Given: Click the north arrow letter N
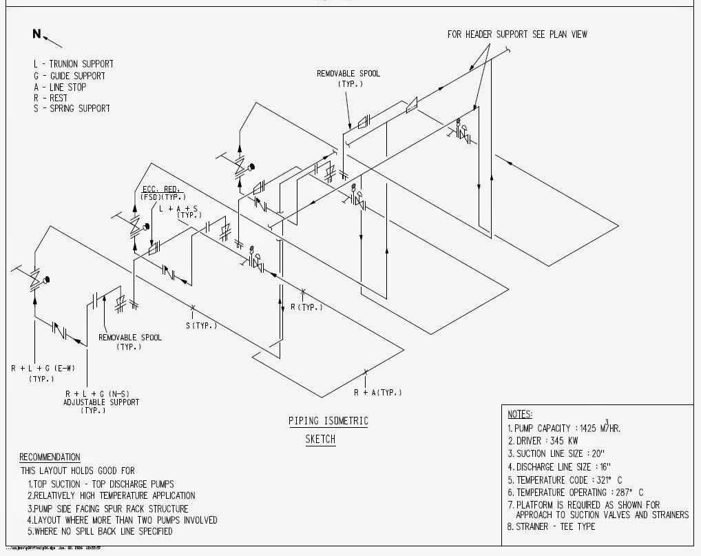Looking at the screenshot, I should [36, 34].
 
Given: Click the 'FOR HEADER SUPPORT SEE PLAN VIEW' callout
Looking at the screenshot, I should [517, 34].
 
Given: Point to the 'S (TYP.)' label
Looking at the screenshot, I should [200, 325].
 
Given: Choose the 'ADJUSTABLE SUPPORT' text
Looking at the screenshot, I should [101, 402].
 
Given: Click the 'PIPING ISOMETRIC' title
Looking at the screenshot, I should [328, 421].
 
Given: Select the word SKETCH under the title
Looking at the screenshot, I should [321, 439].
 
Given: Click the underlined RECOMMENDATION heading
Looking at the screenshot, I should [50, 457].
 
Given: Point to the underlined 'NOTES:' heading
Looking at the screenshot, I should [520, 414].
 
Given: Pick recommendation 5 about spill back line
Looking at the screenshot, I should [100, 531].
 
